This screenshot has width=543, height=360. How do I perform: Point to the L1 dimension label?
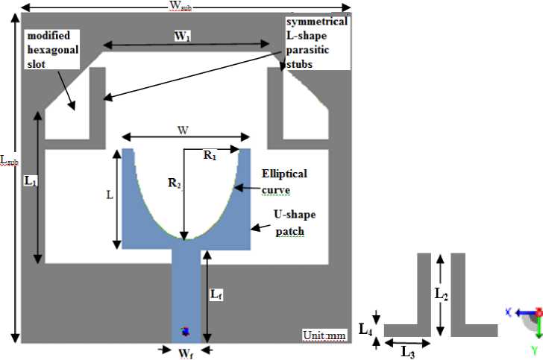pyautogui.click(x=31, y=182)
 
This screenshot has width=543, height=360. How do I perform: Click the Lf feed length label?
pyautogui.click(x=216, y=295)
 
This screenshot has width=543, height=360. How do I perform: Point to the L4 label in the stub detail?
pyautogui.click(x=365, y=328)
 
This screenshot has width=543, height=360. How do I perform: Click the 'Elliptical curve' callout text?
pyautogui.click(x=284, y=181)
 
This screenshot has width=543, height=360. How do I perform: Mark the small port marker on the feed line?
pyautogui.click(x=186, y=331)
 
